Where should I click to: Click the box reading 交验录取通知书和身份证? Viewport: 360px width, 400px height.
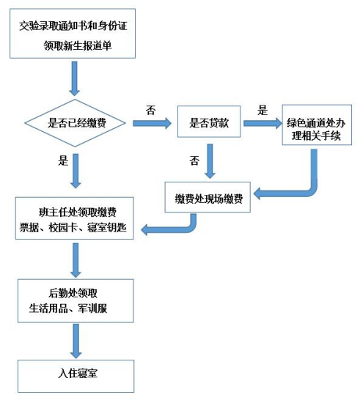[73, 34]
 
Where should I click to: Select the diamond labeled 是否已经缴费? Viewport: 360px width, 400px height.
[75, 123]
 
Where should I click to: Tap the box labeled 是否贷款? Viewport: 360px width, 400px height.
[209, 122]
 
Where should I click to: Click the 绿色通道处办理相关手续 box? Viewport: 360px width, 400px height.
[317, 125]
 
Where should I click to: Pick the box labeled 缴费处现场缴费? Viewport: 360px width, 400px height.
[207, 197]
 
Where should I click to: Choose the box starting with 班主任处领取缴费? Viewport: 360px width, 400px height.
[75, 218]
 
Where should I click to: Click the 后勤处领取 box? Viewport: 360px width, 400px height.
[76, 301]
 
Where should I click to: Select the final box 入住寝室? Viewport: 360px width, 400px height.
[76, 377]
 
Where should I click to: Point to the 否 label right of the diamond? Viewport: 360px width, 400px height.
[150, 110]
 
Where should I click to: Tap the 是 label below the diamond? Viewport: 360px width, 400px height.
[63, 160]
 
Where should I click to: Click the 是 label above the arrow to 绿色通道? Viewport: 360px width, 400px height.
[262, 110]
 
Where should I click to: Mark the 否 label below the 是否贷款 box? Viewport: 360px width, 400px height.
[194, 160]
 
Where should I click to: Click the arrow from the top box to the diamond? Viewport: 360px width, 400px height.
[75, 78]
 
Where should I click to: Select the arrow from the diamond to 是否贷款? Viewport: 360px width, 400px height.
[153, 124]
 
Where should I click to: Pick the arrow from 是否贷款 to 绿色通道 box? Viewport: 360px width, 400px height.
[262, 124]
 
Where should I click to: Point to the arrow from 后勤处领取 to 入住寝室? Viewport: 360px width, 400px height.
[76, 341]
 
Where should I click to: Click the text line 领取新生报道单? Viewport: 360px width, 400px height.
[78, 46]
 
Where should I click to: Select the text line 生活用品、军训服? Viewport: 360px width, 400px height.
[68, 308]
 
